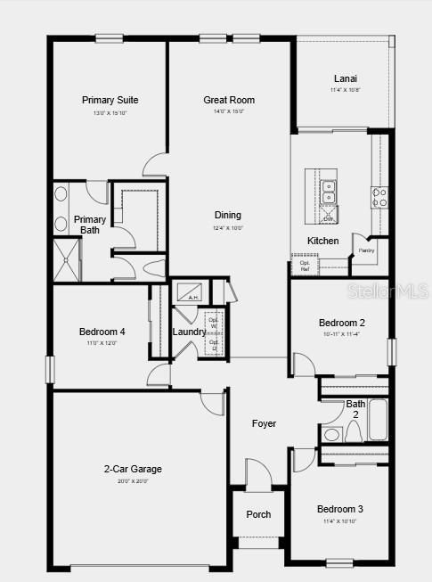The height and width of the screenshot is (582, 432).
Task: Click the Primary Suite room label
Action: coord(110,100)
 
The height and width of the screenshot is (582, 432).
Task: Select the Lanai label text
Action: coord(346,78)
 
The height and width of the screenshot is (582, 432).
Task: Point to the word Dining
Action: coord(227,215)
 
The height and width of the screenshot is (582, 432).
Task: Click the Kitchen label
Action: coord(322,242)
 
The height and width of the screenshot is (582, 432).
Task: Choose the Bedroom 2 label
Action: coord(342,323)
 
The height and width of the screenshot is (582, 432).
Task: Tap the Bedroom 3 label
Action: coord(340,509)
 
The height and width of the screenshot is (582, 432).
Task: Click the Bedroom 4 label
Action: coord(102,332)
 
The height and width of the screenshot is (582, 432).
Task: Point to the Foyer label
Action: coord(264,423)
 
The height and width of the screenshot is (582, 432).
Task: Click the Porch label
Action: coord(258,514)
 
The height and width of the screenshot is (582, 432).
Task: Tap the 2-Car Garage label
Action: coord(132,469)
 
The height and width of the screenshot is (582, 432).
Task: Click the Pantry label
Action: coord(366,250)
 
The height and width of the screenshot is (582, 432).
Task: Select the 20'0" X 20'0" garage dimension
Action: coord(132,480)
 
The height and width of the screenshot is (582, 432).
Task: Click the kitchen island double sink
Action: coord(329,192)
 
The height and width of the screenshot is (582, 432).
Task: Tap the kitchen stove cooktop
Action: coord(380,196)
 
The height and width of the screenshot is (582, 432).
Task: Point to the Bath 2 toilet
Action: coord(332,434)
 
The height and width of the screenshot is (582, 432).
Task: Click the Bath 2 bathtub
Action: coord(378,421)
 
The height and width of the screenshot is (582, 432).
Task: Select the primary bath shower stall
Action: coord(67,259)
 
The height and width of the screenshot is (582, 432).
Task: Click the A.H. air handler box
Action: coord(193,292)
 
